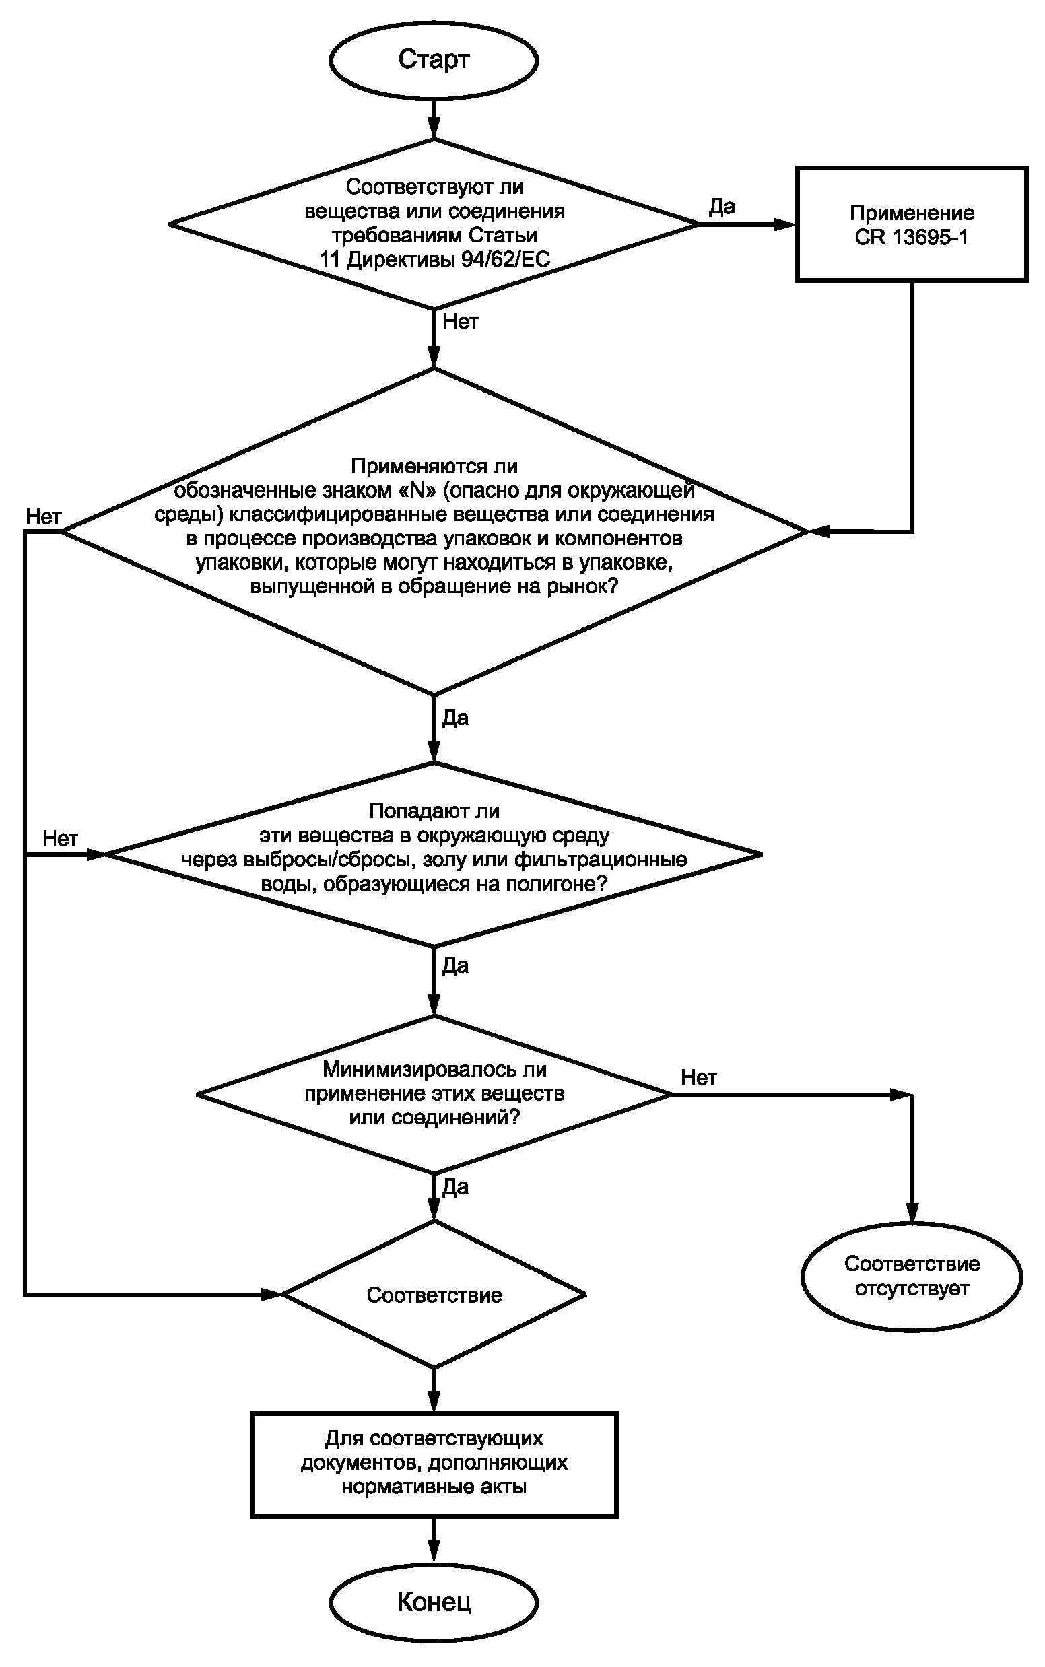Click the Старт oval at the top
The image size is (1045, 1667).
(434, 60)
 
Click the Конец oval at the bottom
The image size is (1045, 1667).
(434, 1602)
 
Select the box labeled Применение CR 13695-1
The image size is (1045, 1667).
(912, 225)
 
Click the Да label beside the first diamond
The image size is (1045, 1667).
(722, 207)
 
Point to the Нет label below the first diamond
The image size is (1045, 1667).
(461, 321)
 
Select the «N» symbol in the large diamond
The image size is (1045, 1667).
(417, 490)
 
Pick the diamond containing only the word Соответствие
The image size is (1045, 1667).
(434, 1295)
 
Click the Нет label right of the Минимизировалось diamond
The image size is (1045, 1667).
(699, 1077)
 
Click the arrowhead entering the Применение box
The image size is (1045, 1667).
(785, 225)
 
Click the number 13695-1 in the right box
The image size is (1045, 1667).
(930, 237)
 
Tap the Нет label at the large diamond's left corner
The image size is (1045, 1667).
(44, 516)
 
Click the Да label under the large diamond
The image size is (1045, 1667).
(455, 718)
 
